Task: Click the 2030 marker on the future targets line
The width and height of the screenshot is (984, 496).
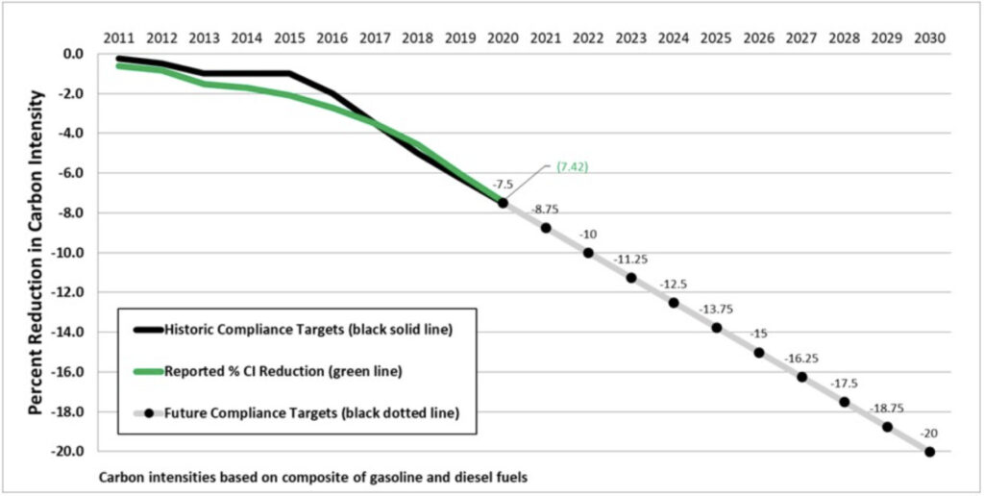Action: (929, 452)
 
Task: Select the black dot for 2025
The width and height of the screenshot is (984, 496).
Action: (716, 328)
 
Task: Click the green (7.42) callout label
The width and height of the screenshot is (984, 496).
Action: (572, 166)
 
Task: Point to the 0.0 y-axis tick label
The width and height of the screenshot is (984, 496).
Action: (74, 54)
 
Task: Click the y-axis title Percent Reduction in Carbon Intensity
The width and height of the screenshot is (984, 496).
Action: (36, 252)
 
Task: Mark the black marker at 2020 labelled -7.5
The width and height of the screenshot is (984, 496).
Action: (503, 203)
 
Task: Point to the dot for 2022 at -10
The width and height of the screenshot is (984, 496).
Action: (588, 253)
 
